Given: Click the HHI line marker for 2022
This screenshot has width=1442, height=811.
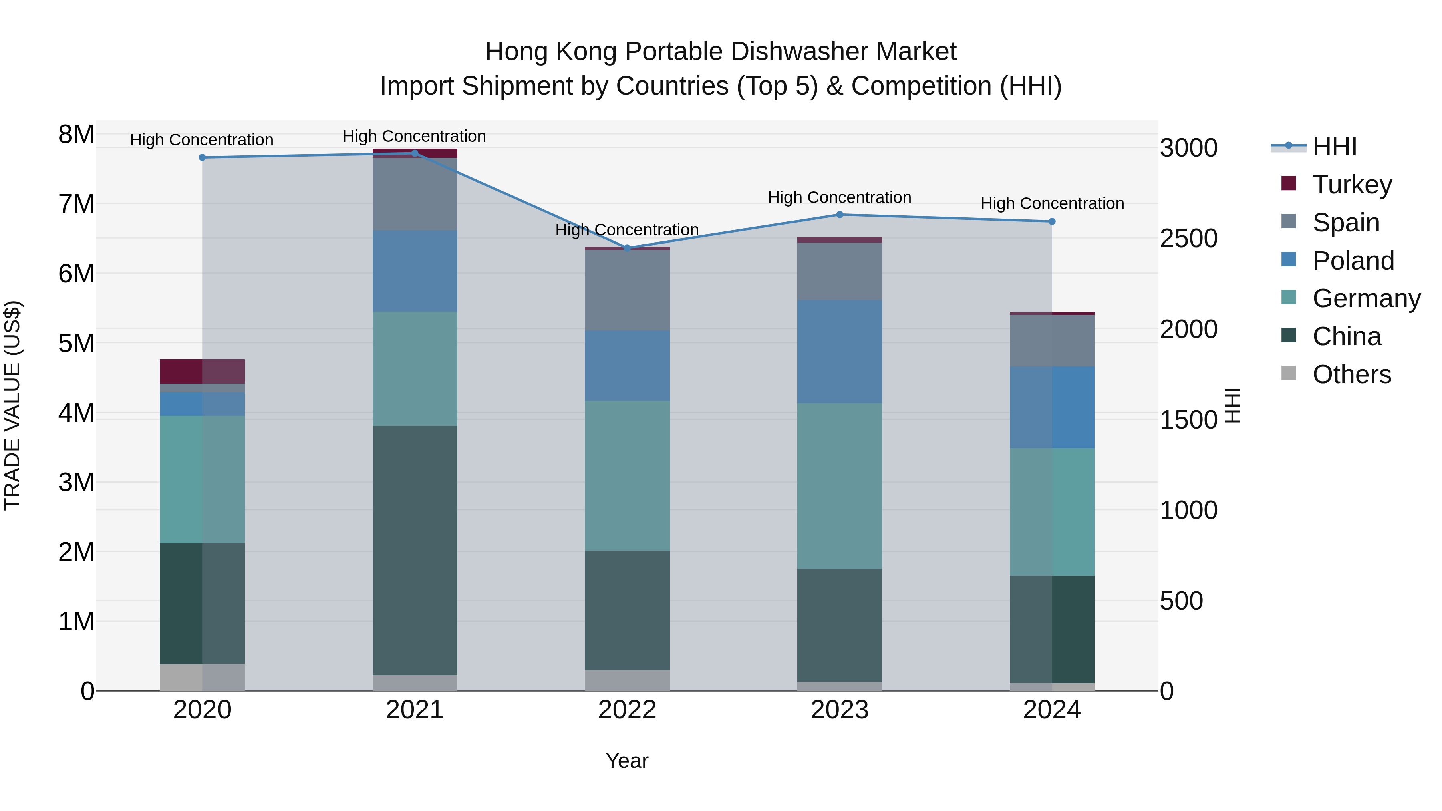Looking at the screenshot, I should click(x=627, y=248).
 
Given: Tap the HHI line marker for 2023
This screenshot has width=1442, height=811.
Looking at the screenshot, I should click(x=840, y=214).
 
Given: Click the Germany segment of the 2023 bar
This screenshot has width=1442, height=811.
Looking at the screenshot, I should click(x=840, y=486).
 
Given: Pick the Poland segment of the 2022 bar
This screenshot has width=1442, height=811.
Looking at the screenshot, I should click(x=627, y=366).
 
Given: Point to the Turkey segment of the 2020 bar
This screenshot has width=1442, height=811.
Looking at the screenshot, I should click(x=202, y=371).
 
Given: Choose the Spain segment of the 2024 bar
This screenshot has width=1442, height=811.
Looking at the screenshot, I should click(x=1052, y=340).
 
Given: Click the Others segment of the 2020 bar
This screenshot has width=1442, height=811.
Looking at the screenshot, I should click(x=202, y=677).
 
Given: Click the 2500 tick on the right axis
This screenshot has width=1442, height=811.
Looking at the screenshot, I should click(x=1188, y=238).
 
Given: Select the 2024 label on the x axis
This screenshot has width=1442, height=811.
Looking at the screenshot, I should click(x=1052, y=710).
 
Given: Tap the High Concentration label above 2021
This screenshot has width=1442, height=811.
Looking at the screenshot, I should click(x=414, y=136).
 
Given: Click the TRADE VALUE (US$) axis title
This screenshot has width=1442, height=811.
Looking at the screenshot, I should click(x=12, y=405).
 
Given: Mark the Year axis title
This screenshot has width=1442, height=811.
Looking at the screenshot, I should click(x=627, y=761).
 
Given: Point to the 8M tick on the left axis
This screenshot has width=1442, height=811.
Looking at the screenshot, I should click(x=76, y=134).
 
